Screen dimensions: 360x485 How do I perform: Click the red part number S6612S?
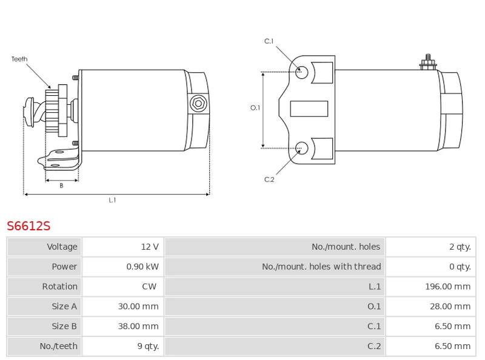pos(28,227)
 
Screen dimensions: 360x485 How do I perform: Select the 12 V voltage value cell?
pos(150,247)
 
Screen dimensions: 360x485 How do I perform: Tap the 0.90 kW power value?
pos(142,267)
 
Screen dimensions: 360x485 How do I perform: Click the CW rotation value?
pos(149,287)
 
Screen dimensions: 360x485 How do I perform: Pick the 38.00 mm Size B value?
pos(138,326)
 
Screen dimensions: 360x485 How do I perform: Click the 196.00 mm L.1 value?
pos(447,287)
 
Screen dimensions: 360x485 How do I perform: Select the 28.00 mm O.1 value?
pos(450,307)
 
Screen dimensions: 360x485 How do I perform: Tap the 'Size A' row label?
pos(64,307)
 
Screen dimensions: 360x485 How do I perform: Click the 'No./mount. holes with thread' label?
pos(321,267)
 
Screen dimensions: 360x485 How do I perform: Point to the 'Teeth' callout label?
pos(19,59)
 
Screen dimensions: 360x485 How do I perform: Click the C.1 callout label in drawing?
pos(269,41)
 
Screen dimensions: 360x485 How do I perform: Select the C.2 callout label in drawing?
pos(269,179)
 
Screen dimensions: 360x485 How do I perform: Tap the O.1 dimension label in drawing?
pos(255,108)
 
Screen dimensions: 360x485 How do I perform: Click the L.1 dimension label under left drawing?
pos(112,200)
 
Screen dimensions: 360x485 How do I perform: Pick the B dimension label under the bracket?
pos(61,186)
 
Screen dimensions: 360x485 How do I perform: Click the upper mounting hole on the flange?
pos(302,72)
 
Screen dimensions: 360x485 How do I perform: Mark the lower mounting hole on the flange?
pos(302,147)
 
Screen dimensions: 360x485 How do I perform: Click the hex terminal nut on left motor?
pos(198,104)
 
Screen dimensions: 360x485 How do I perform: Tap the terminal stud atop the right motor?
pos(428,62)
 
